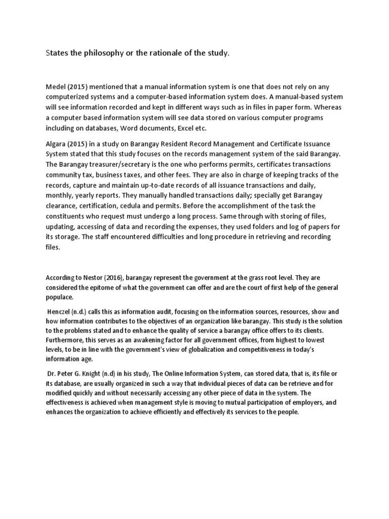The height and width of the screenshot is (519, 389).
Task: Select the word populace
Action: [x=59, y=297]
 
